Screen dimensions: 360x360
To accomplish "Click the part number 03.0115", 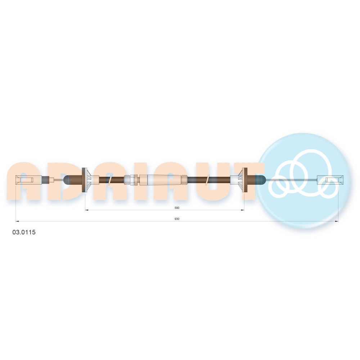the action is [24, 232].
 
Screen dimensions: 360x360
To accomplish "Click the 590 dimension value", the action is [177, 208].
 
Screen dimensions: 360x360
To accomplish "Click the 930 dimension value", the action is [177, 219].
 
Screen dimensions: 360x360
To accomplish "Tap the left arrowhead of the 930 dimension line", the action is [17, 221].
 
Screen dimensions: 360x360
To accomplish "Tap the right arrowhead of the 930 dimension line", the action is [337, 221].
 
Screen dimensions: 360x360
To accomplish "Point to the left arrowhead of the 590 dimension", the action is [86, 210].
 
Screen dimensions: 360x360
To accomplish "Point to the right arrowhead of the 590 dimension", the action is [243, 210].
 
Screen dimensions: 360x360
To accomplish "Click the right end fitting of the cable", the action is [330, 180].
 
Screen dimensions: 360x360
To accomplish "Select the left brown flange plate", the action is [84, 180].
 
